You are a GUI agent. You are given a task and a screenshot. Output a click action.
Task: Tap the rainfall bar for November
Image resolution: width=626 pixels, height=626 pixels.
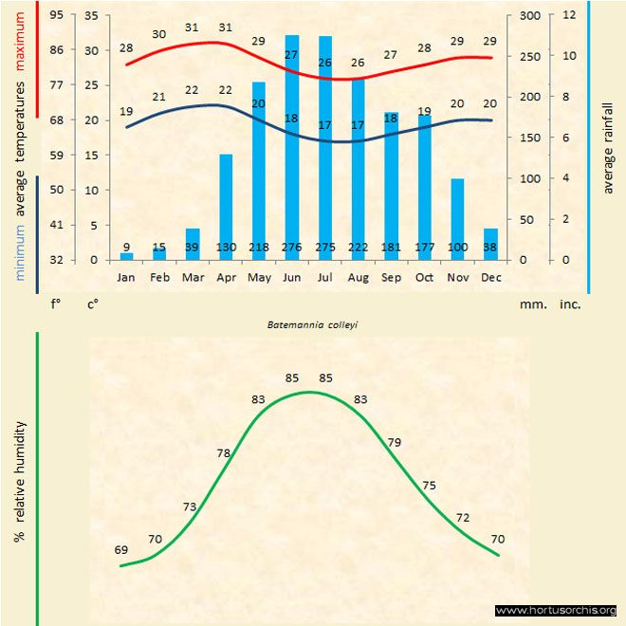coord(457,218)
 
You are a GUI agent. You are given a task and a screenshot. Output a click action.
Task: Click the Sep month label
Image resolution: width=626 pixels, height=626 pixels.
coord(391,277)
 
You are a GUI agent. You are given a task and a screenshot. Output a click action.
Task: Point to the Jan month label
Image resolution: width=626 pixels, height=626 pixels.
coord(126,277)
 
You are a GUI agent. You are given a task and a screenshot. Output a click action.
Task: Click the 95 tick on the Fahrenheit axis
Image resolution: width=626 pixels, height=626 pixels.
coord(58,15)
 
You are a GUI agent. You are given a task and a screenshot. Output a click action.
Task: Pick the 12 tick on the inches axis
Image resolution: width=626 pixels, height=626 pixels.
coord(569,15)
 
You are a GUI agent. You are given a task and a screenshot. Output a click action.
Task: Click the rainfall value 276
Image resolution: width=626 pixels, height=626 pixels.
coord(292,248)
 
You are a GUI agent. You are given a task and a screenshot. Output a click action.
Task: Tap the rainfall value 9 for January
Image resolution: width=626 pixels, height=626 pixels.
coord(126,248)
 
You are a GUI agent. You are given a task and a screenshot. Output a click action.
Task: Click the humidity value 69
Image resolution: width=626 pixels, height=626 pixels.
coord(121,550)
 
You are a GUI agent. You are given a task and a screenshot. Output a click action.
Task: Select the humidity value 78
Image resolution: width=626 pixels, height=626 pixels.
coord(224,453)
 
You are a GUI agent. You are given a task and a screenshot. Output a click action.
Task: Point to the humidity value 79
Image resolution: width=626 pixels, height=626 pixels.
coord(395,442)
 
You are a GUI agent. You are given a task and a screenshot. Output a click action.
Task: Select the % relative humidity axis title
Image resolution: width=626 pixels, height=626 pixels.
coord(19,482)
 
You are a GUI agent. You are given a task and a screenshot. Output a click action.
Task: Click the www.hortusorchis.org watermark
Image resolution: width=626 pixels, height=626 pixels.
coord(556,610)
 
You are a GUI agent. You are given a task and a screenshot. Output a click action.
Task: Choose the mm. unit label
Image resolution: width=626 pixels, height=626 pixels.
coord(530,304)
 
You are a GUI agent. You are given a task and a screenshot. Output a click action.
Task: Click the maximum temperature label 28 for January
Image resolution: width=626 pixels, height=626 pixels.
coord(126,47)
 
